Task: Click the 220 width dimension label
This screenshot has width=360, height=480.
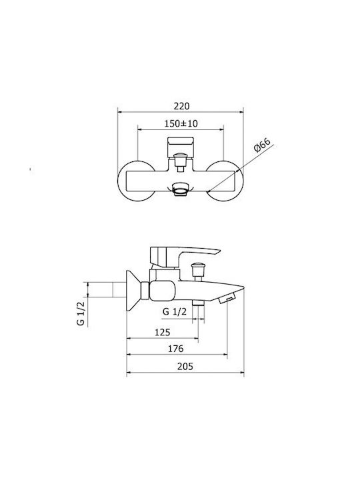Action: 182,106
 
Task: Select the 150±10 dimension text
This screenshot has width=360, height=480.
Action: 181,123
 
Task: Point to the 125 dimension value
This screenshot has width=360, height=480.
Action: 162,332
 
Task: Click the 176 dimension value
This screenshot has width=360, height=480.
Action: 176,349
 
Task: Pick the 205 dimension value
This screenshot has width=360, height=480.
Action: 185,366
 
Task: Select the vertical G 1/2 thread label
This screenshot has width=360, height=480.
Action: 81,313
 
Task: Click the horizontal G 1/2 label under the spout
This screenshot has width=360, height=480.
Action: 175,311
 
